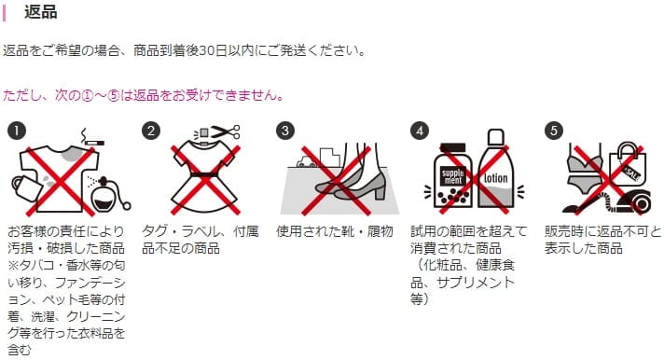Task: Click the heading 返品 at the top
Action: coord(40,12)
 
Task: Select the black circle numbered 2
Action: coord(149,131)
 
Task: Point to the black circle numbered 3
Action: coord(285,131)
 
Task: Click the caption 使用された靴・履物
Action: coord(332,231)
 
